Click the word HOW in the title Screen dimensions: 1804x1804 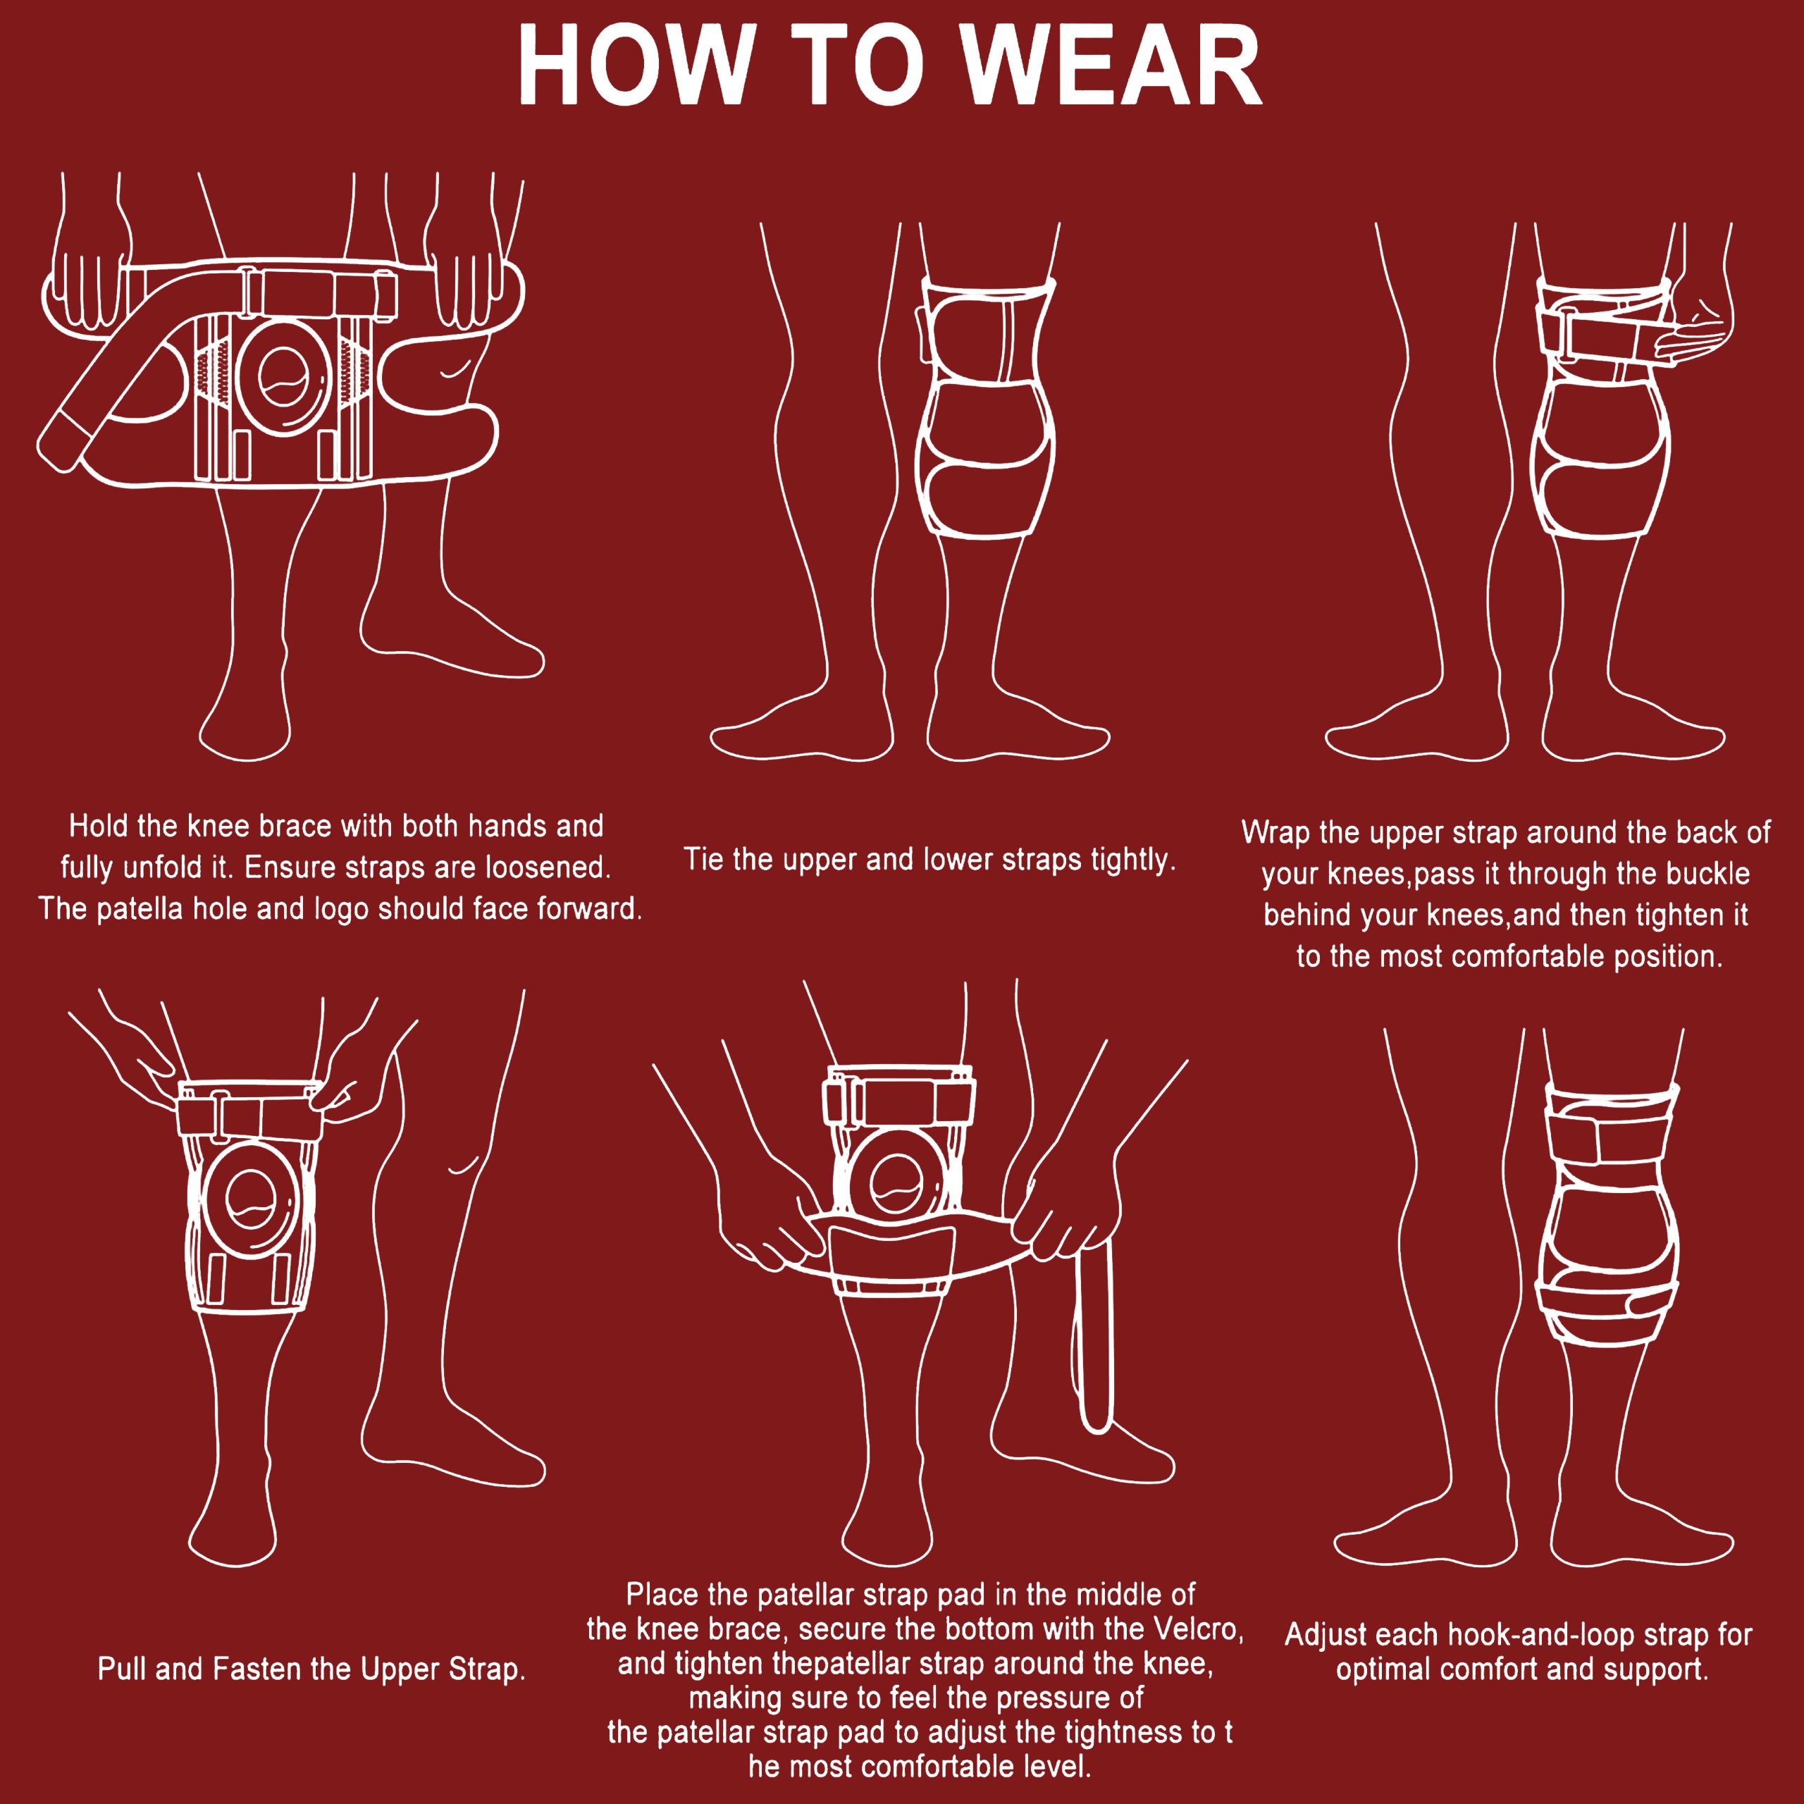(x=635, y=66)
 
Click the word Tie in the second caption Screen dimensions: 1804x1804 (x=704, y=859)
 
